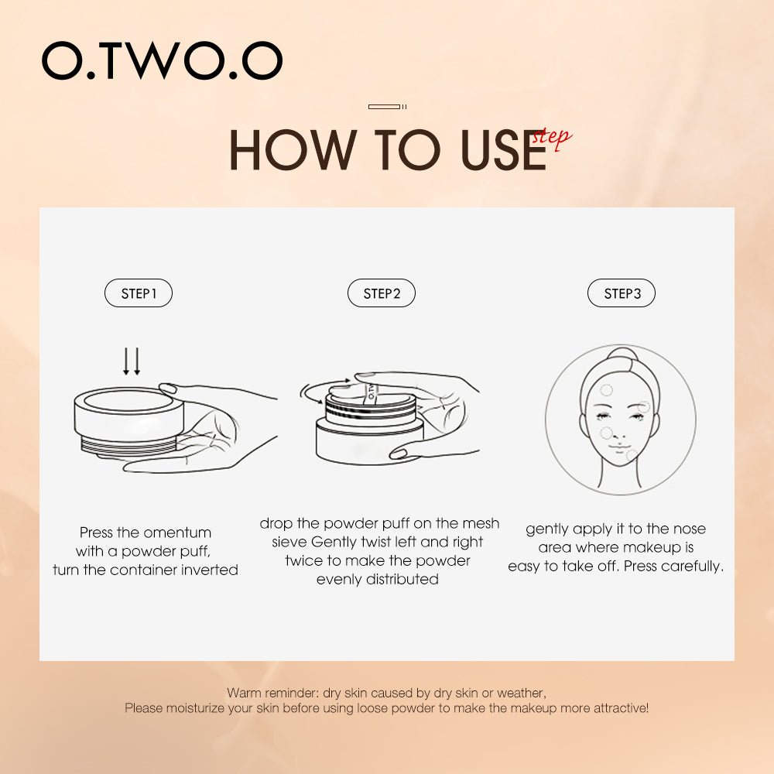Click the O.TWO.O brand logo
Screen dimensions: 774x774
click(162, 60)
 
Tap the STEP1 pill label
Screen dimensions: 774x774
click(139, 293)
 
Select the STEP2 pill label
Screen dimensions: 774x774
click(382, 293)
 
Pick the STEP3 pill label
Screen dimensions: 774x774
click(622, 293)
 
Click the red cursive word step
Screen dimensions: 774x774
click(552, 138)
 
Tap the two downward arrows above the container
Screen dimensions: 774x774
click(132, 361)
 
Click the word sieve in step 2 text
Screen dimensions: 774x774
click(289, 542)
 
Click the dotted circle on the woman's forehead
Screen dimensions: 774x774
click(606, 390)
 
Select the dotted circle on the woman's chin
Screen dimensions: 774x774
click(632, 455)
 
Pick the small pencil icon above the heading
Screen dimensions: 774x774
click(386, 106)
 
